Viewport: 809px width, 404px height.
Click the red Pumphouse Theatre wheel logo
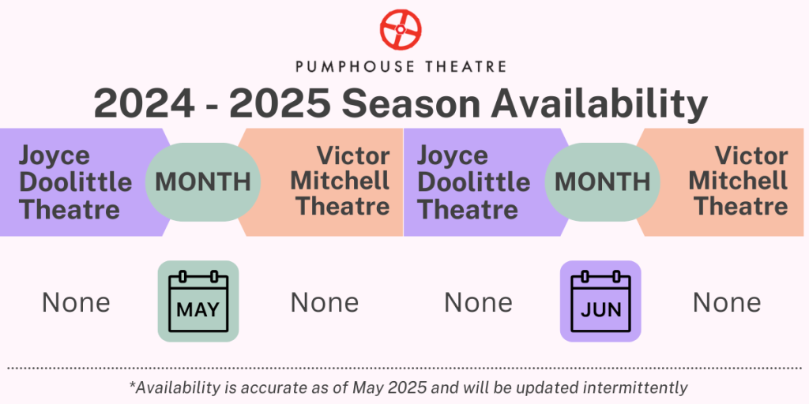click(x=401, y=29)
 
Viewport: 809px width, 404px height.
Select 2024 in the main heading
click(x=145, y=104)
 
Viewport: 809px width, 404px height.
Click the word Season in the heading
click(x=410, y=104)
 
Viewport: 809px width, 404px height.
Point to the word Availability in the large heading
click(x=599, y=105)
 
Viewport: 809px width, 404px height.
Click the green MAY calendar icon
click(x=198, y=301)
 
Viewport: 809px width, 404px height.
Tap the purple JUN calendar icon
click(x=600, y=301)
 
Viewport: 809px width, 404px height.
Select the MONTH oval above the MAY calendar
click(x=203, y=182)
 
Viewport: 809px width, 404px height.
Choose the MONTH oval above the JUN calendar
click(x=602, y=182)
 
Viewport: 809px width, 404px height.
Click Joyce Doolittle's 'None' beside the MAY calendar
click(x=76, y=302)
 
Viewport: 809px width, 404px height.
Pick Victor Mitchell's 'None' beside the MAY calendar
click(x=325, y=302)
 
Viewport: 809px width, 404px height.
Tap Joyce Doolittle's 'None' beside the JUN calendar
click(x=478, y=302)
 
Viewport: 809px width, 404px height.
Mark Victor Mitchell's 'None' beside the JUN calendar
click(x=727, y=302)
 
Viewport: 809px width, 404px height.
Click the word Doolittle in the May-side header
click(x=75, y=182)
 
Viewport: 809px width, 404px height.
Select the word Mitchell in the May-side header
click(x=340, y=181)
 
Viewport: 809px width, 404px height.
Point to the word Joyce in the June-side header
click(x=452, y=156)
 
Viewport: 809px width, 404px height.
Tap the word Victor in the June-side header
click(x=751, y=155)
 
